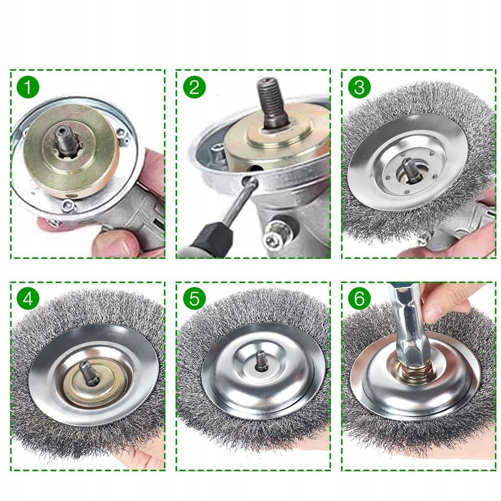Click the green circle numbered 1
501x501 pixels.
28,87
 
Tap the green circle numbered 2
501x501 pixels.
194,87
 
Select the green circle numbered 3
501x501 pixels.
359,87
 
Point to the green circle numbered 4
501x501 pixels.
28,299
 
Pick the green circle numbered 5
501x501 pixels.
194,299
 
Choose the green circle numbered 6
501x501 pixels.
359,299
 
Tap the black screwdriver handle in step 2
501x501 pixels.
212,238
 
